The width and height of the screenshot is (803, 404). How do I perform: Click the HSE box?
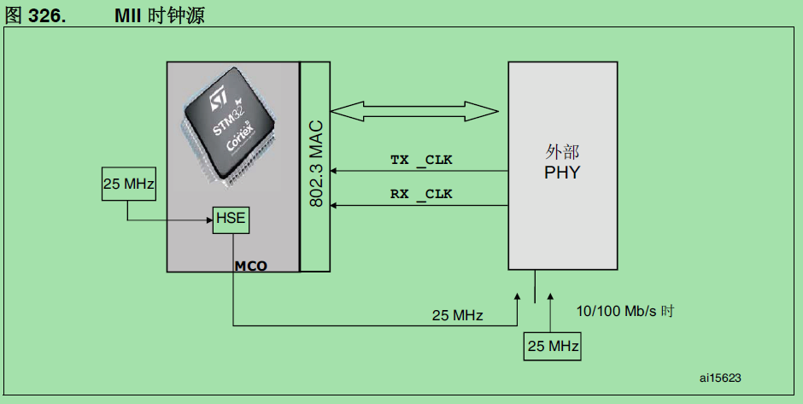[x=230, y=219]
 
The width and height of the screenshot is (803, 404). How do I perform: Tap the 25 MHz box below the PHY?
[x=552, y=347]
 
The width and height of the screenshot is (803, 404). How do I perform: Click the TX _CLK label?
[x=421, y=160]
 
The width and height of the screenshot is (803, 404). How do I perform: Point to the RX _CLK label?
[x=421, y=194]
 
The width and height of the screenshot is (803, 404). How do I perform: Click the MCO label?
[x=250, y=266]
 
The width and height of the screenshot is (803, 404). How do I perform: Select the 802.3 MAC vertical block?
[x=314, y=167]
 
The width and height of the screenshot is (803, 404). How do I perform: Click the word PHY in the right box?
[x=561, y=173]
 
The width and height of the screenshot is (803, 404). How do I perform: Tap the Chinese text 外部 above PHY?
[x=561, y=152]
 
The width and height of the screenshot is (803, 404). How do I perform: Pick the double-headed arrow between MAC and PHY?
[x=414, y=110]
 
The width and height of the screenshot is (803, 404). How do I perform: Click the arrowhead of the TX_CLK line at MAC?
[x=335, y=172]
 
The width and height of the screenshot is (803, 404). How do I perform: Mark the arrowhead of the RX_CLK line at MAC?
[x=335, y=206]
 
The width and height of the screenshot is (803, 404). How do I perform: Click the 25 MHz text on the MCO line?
[x=457, y=315]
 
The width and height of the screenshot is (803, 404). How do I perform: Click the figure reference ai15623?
[x=719, y=377]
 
